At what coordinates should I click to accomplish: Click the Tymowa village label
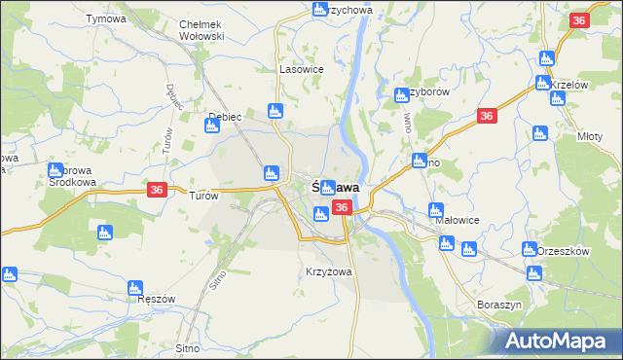pos(106,19)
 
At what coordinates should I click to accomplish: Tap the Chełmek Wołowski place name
pos(202,30)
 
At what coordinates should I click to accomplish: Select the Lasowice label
pos(301,70)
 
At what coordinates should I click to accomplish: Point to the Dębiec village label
pos(225,117)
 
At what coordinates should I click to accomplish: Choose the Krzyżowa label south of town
pos(328,271)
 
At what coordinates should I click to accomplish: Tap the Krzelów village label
pos(570,85)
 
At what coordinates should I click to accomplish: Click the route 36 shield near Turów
pos(158,192)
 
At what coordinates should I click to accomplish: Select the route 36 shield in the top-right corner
pos(580,20)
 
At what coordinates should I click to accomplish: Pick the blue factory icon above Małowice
pos(436,209)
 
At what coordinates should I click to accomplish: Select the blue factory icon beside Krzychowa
pos(320,10)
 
